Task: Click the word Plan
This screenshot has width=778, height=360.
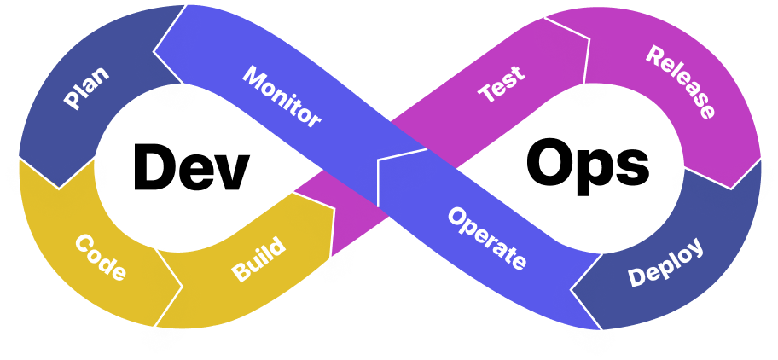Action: (x=86, y=87)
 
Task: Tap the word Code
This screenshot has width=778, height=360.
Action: (x=101, y=258)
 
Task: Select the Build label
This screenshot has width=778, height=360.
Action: (x=258, y=260)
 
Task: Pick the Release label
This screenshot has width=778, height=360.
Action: (x=680, y=82)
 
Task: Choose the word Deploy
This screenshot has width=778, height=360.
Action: (x=665, y=263)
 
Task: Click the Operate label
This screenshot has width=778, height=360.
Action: (x=486, y=238)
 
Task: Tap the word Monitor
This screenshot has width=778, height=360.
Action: (x=282, y=96)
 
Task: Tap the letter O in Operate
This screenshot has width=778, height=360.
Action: (x=456, y=218)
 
